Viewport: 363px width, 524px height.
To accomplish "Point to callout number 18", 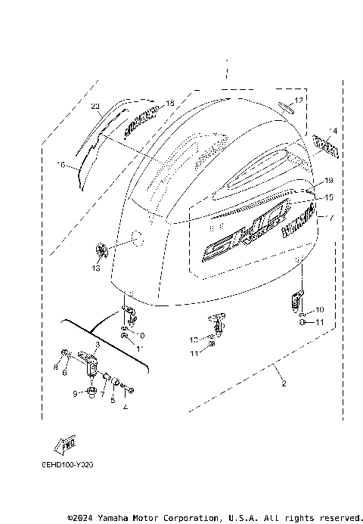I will (169, 103).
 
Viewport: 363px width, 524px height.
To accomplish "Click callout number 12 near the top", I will (299, 101).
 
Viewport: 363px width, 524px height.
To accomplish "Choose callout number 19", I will (328, 181).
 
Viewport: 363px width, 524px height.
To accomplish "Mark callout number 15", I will (328, 197).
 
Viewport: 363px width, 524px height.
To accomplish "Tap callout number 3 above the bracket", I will (98, 344).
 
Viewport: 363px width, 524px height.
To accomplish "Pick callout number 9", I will (75, 393).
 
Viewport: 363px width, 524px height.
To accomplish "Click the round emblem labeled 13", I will (103, 248).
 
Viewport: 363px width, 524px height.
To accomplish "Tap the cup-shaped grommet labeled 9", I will (90, 391).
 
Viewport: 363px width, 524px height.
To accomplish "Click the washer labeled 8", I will (66, 353).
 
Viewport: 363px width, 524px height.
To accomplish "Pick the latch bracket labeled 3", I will (94, 362).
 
